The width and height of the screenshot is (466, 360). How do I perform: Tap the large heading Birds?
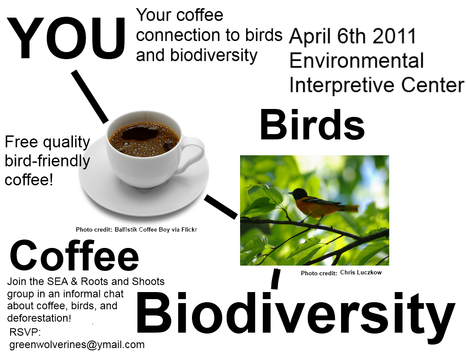tap(312, 125)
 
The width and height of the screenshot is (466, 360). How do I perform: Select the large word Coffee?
tap(74, 256)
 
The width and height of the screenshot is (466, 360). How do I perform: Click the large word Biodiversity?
tap(295, 314)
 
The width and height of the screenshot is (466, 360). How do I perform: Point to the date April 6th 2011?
tap(353, 37)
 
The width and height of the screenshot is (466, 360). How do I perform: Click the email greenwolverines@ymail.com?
tap(77, 345)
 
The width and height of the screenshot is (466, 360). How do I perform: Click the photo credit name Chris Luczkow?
tap(361, 273)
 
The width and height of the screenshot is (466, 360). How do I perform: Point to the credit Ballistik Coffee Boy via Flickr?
tap(156, 229)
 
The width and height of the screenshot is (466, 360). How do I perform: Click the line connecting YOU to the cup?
tap(90, 96)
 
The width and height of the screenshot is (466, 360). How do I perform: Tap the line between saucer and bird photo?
tap(221, 207)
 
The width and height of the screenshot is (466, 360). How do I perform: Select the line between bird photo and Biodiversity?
tap(275, 278)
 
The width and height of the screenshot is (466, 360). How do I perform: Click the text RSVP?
tap(25, 332)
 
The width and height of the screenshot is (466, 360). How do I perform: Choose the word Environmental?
tap(357, 61)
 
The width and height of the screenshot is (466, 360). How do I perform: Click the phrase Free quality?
tap(47, 142)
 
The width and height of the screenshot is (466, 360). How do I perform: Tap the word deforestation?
tap(39, 318)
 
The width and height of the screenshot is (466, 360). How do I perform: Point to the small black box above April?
tap(304, 19)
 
